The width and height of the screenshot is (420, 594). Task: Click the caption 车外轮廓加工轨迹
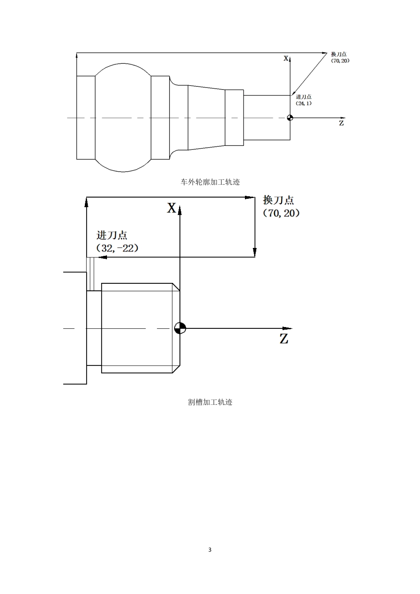[210, 182]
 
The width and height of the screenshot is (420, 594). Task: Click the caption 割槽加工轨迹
[210, 402]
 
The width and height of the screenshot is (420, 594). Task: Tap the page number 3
[210, 550]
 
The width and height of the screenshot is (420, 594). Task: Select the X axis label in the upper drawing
[286, 58]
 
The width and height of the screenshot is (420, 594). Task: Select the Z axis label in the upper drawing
[341, 123]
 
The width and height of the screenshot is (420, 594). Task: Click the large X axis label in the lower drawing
[172, 208]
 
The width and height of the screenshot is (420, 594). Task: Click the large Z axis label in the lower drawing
[284, 339]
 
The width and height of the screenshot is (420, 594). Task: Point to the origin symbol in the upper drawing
[290, 118]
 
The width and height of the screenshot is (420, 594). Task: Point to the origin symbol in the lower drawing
[180, 328]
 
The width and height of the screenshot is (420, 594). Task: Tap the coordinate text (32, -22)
[117, 248]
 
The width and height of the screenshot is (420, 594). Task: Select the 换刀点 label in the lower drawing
[278, 200]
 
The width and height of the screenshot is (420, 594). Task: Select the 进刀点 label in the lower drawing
[112, 235]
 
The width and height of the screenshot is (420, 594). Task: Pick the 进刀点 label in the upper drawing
[303, 97]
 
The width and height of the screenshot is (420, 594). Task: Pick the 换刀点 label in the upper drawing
[339, 54]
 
